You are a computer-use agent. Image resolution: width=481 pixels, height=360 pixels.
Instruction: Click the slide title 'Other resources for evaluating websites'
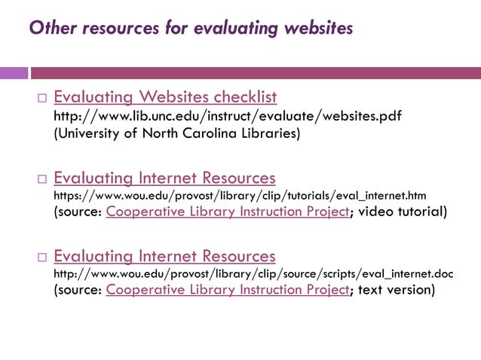(x=191, y=29)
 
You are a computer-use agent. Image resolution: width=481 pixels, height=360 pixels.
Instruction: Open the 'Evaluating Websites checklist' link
(x=165, y=97)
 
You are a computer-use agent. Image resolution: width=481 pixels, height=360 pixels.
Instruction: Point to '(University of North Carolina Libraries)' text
(x=176, y=134)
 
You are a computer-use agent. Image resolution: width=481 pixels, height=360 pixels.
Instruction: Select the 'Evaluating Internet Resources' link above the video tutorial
(x=164, y=178)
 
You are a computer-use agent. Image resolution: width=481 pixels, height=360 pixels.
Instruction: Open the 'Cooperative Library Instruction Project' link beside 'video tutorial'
(x=228, y=212)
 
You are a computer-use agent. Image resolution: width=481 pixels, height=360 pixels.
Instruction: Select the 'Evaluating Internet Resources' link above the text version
(x=164, y=256)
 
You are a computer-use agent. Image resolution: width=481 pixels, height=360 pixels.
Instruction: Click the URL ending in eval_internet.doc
(x=253, y=273)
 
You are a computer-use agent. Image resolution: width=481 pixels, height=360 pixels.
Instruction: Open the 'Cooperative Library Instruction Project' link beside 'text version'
(x=228, y=290)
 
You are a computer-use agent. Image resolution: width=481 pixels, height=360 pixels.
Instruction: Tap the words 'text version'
(x=397, y=290)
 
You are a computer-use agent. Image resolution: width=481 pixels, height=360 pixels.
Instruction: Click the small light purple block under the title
(x=13, y=73)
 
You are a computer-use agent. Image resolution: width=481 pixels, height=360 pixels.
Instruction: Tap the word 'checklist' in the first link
(x=245, y=97)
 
